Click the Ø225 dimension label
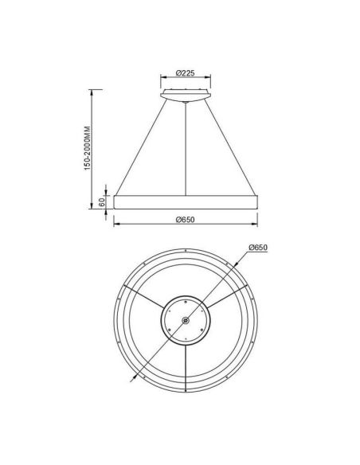[x=185, y=73]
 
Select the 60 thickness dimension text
[x=102, y=203]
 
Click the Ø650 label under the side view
[x=185, y=221]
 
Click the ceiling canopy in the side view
[x=185, y=96]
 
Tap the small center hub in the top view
[x=185, y=321]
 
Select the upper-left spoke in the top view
[x=144, y=298]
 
